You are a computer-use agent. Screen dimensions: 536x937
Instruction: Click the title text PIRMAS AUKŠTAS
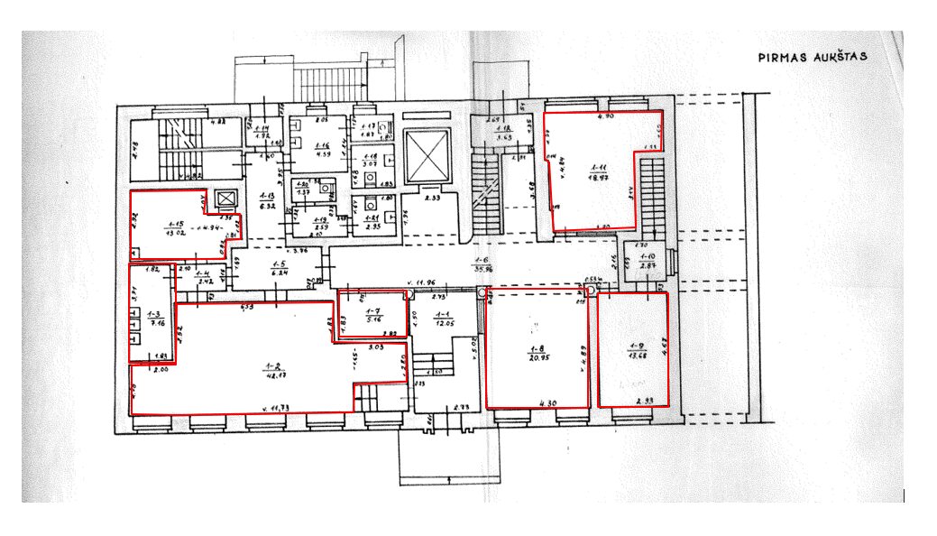point(812,56)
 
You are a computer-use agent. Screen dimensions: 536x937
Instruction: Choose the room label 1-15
point(175,225)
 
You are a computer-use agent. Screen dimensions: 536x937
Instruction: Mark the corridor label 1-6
point(483,263)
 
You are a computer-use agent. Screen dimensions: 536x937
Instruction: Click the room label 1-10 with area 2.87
point(647,262)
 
